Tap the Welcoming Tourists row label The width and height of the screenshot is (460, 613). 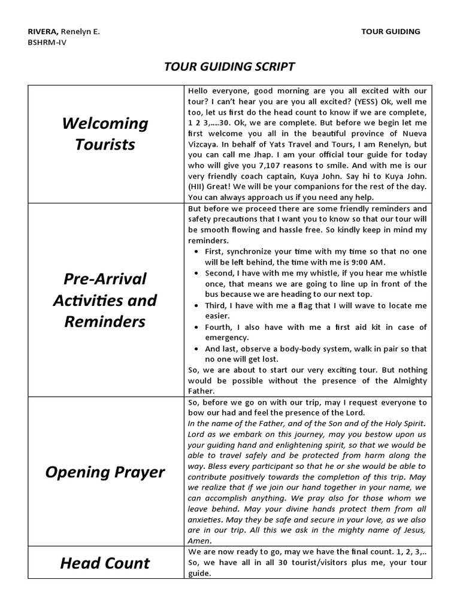click(105, 134)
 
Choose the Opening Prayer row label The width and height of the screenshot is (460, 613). click(105, 472)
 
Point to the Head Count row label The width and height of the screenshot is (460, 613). click(105, 563)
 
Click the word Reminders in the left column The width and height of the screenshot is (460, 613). click(105, 321)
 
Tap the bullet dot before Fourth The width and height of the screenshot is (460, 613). click(198, 327)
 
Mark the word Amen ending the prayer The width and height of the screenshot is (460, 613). click(199, 541)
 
